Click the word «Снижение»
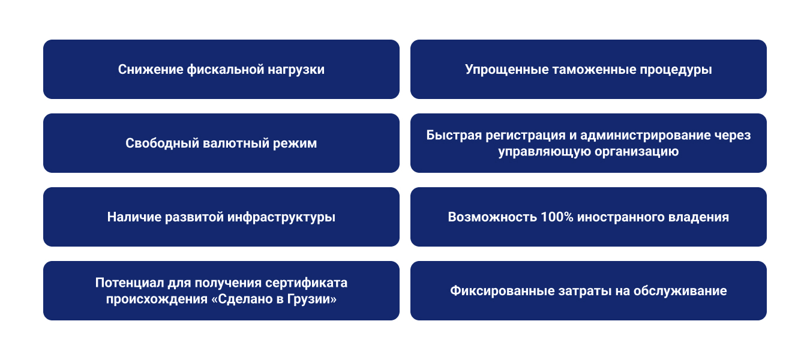click(151, 70)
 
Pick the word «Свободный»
click(162, 143)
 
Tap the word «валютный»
click(236, 143)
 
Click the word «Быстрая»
click(454, 135)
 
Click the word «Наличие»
click(134, 217)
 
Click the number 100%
click(557, 217)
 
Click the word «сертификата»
click(306, 283)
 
